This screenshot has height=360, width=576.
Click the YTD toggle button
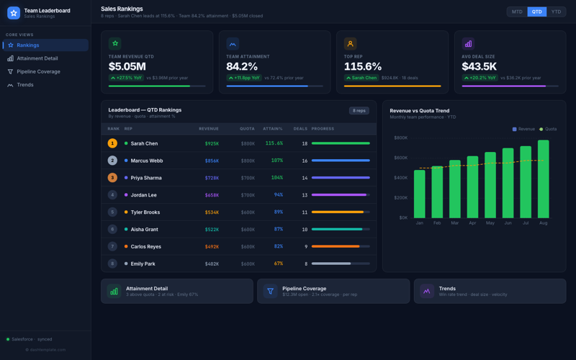(556, 12)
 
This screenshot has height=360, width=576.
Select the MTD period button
(517, 12)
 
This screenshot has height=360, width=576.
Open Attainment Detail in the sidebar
(37, 58)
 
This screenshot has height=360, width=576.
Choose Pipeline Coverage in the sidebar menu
(38, 71)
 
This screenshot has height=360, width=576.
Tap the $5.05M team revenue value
(127, 67)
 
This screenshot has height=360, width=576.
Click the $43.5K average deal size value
(479, 67)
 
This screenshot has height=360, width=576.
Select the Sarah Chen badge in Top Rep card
(361, 78)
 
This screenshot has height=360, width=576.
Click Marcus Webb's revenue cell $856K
(212, 161)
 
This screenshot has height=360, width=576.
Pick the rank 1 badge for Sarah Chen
(112, 143)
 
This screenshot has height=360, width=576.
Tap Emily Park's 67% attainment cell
(278, 264)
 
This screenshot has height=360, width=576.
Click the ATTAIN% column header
(273, 129)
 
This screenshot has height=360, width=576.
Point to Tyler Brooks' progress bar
(341, 212)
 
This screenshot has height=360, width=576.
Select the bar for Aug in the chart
(543, 179)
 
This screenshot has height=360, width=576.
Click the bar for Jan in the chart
(419, 194)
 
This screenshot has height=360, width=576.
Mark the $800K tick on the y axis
(400, 138)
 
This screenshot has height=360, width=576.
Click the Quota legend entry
(548, 130)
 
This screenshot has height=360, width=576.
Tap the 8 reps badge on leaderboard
(359, 111)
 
